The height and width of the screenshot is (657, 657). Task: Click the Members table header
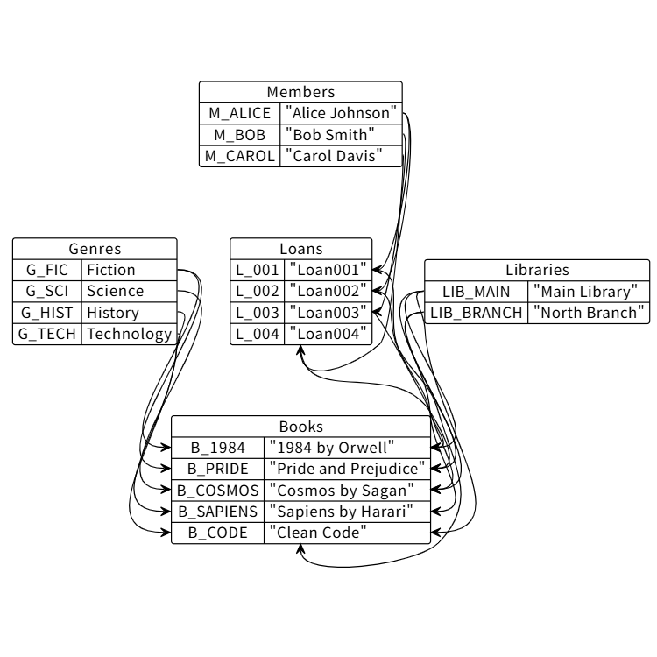click(x=300, y=92)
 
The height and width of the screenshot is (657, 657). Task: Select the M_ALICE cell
click(x=239, y=113)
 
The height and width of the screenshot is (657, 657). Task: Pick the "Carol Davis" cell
click(x=341, y=157)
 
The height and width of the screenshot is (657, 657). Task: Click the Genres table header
click(x=95, y=249)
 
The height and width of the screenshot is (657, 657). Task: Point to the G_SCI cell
click(x=47, y=291)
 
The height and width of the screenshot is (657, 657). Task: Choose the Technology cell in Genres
click(x=129, y=334)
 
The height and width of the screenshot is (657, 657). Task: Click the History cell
click(x=129, y=313)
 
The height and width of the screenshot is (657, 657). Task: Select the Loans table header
click(x=300, y=249)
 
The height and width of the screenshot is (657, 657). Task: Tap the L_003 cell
click(x=258, y=313)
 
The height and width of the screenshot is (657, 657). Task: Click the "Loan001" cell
click(x=328, y=270)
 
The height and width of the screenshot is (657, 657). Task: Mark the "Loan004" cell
click(x=328, y=334)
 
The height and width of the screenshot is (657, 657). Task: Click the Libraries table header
click(x=537, y=270)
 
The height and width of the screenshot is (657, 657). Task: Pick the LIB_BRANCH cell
click(x=477, y=313)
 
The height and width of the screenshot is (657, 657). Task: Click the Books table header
click(x=300, y=427)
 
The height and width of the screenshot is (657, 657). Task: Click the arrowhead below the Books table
click(x=300, y=548)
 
